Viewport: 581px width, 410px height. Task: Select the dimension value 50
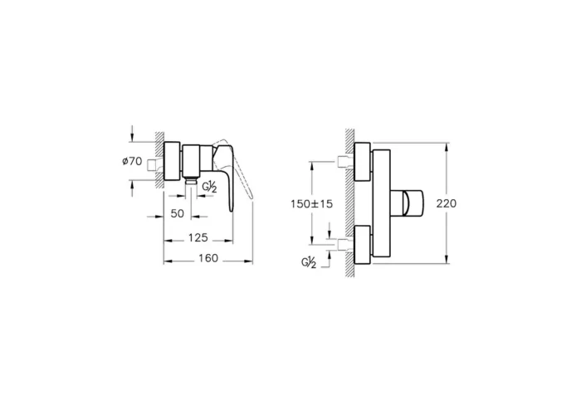click(176, 214)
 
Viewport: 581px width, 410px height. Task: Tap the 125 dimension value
click(197, 237)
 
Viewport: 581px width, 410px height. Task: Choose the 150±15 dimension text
click(313, 203)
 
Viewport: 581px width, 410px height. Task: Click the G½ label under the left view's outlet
click(210, 188)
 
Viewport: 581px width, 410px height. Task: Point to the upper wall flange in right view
click(362, 162)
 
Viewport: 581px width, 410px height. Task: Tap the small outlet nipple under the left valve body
click(192, 179)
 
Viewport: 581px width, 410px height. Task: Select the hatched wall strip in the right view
click(349, 203)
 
